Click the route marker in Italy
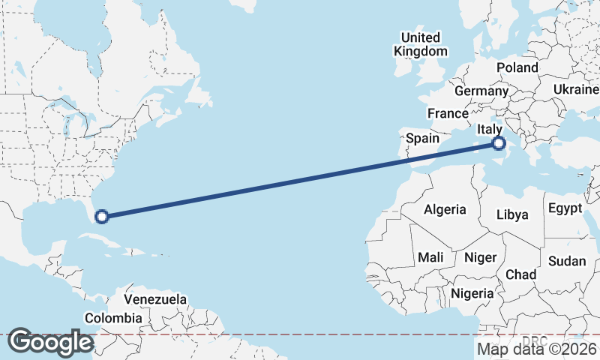tap(499, 143)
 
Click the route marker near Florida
tap(102, 217)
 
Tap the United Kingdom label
tap(421, 44)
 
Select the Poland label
tap(517, 67)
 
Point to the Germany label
tap(481, 91)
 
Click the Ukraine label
tap(576, 89)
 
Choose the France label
tap(448, 113)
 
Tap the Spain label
tap(422, 138)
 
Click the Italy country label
tap(490, 130)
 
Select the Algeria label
tap(445, 210)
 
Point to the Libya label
tap(512, 214)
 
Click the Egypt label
tap(565, 208)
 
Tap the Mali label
tap(431, 257)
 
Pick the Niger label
tap(481, 257)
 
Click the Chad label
tap(521, 274)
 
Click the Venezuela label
tap(155, 299)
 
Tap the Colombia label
tap(113, 318)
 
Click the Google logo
tap(50, 342)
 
